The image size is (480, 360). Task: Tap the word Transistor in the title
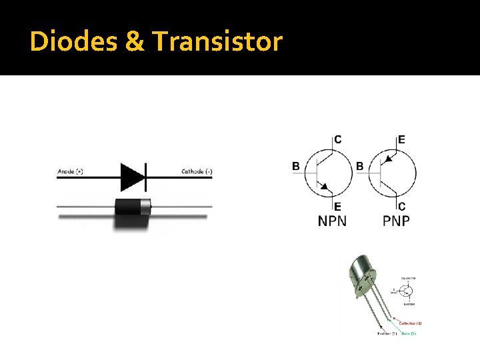click(218, 42)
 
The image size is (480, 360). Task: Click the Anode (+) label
click(71, 171)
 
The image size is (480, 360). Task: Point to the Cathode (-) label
click(197, 171)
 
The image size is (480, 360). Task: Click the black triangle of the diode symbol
click(131, 177)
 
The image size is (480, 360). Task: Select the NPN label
click(332, 220)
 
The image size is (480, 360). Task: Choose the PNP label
click(396, 220)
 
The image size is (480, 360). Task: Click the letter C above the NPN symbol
click(338, 139)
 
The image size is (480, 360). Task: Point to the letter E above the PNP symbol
click(401, 139)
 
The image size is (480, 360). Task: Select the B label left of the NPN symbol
click(296, 166)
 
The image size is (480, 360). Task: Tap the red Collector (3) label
click(410, 323)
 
